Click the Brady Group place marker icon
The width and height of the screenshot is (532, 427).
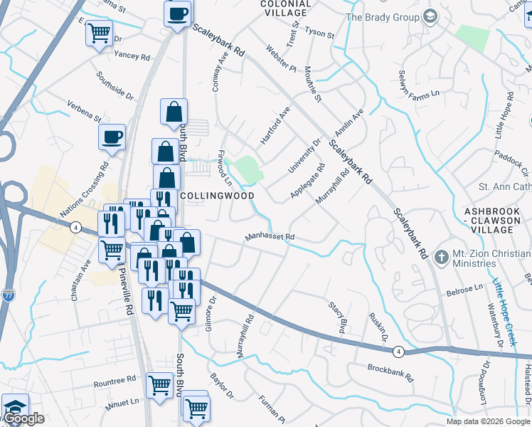click(x=430, y=16)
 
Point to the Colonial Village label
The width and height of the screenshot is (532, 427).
click(x=285, y=8)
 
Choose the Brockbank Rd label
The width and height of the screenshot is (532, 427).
click(x=390, y=369)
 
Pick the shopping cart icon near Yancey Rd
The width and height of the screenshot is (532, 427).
click(x=100, y=31)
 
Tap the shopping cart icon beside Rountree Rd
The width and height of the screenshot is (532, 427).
click(x=159, y=385)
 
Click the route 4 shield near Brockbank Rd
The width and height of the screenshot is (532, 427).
click(x=398, y=351)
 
